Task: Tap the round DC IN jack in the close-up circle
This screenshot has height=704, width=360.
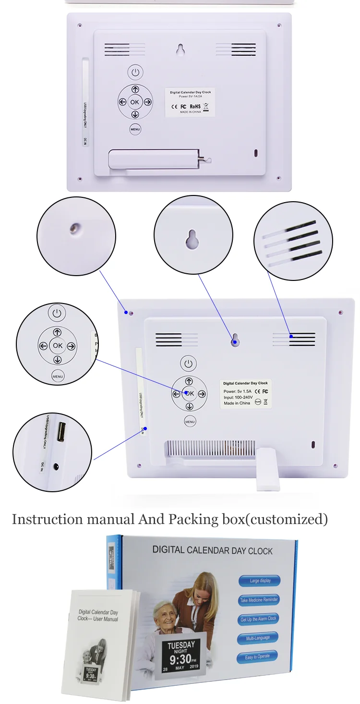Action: pos(57,466)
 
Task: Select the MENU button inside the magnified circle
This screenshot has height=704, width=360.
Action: pos(58,376)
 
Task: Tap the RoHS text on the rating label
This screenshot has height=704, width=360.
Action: pos(195,106)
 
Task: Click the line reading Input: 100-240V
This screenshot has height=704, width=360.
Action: pos(238,397)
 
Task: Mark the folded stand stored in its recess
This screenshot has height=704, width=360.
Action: pos(154,159)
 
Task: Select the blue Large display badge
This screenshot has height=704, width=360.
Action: pos(260,581)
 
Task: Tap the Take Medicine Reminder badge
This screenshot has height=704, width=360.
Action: pos(259,600)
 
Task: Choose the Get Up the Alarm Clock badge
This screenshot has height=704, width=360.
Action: pos(258,619)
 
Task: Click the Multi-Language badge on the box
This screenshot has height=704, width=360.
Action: pos(258,638)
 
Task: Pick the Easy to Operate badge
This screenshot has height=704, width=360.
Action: pos(257,656)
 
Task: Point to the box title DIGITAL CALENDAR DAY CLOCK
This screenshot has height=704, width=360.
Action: pos(212,550)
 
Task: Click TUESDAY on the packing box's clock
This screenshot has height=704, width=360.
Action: pos(181,644)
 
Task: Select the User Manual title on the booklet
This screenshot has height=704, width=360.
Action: pos(98,616)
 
